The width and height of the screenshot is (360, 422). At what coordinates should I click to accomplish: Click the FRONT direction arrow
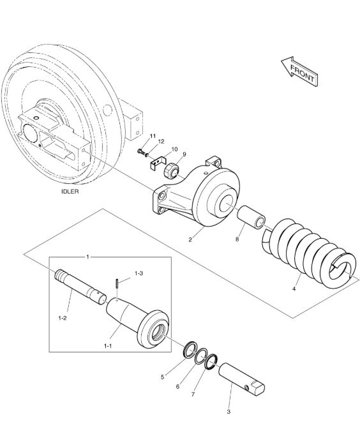[300, 72]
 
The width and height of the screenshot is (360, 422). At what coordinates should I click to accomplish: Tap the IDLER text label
[70, 192]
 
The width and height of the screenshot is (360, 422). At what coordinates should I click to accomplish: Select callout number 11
[153, 136]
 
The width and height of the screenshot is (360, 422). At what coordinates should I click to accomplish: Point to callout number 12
[161, 141]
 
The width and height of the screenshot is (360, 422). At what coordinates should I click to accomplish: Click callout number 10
[174, 149]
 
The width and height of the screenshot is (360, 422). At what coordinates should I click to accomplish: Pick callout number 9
[184, 154]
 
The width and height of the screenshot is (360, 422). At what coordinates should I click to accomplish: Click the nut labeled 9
[172, 170]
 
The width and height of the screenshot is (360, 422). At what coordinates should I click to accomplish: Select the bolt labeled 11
[140, 151]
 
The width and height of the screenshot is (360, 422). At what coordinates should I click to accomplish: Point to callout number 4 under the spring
[294, 289]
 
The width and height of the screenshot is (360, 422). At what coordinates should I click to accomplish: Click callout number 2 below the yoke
[190, 240]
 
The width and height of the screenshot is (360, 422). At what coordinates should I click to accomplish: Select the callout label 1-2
[62, 318]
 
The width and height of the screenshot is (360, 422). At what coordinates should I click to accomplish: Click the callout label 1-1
[108, 346]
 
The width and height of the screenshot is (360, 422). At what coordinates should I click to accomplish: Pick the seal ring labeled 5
[190, 349]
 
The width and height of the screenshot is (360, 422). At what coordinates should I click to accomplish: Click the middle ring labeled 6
[201, 356]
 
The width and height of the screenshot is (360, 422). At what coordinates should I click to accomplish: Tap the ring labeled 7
[211, 361]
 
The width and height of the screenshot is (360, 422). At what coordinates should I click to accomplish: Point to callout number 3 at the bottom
[229, 412]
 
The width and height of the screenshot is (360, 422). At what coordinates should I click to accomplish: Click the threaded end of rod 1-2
[60, 275]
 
